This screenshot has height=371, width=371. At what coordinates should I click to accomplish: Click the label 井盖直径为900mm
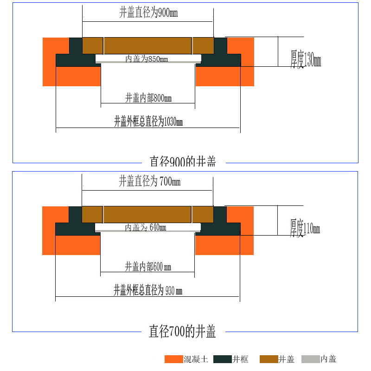(x=148, y=13)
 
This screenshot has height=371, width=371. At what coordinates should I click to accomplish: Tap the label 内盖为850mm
(x=147, y=59)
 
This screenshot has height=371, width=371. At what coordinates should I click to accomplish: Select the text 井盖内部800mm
(x=148, y=98)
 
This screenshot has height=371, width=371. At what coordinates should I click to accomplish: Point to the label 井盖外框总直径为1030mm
(x=148, y=122)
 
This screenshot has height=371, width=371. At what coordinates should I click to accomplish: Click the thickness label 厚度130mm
(x=306, y=60)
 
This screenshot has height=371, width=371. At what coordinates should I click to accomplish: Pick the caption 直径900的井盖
(x=183, y=161)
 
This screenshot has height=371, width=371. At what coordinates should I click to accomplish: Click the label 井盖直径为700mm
(x=149, y=181)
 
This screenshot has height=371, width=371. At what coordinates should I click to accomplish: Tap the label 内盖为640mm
(x=146, y=228)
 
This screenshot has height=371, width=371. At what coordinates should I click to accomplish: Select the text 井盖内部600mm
(x=148, y=267)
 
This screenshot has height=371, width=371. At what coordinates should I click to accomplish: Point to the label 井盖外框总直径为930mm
(x=148, y=291)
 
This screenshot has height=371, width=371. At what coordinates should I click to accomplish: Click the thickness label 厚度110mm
(x=305, y=228)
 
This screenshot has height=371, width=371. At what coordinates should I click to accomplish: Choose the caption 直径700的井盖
(x=182, y=331)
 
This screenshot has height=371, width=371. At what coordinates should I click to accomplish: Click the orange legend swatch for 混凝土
(x=174, y=359)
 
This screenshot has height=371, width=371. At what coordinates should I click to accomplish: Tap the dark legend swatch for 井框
(x=223, y=359)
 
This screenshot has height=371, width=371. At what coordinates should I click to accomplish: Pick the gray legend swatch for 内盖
(x=310, y=359)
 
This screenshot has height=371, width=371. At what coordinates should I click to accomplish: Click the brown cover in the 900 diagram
(x=148, y=45)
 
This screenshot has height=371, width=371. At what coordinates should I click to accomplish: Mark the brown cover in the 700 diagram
(x=147, y=214)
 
